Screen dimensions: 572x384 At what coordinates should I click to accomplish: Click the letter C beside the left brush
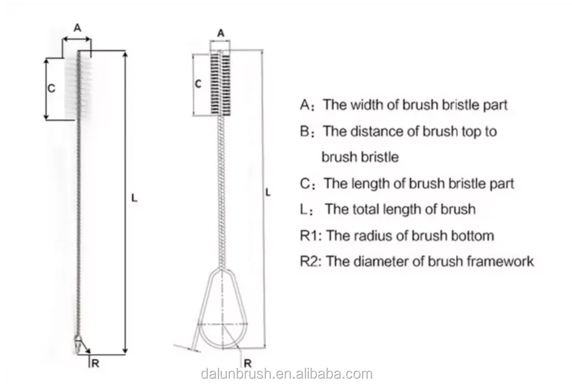pos(50,89)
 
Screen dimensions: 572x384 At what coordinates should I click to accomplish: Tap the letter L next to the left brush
pos(134,198)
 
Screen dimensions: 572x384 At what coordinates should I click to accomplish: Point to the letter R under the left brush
pos(96,362)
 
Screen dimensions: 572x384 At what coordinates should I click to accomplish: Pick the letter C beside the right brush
pos(198,84)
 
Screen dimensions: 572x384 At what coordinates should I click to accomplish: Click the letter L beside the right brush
pos(268,193)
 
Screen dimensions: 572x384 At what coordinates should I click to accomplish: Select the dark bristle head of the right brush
pos(221,83)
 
